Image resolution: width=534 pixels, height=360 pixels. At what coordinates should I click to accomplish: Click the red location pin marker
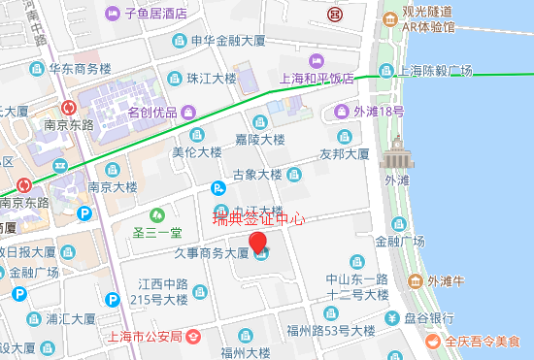click(257, 242)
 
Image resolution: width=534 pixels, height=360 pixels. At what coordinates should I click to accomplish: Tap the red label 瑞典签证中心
click(259, 219)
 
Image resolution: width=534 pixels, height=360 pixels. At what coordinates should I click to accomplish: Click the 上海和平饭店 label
click(316, 80)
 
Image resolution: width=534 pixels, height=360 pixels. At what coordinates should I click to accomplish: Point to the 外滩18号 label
click(378, 112)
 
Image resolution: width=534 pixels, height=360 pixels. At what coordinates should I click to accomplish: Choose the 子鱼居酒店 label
click(155, 15)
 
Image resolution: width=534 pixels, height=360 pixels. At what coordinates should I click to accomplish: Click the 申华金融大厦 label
click(228, 42)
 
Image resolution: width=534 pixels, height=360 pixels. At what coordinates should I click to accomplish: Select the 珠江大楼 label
click(212, 78)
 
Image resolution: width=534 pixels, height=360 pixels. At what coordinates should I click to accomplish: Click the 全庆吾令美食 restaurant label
click(483, 342)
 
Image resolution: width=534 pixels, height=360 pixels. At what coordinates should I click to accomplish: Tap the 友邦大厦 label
click(345, 154)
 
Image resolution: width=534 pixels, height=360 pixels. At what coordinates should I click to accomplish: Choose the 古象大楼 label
click(256, 176)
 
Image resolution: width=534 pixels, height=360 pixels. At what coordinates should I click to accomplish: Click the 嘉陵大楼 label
click(260, 140)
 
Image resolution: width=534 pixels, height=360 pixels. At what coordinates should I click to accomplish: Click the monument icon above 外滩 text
click(396, 156)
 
